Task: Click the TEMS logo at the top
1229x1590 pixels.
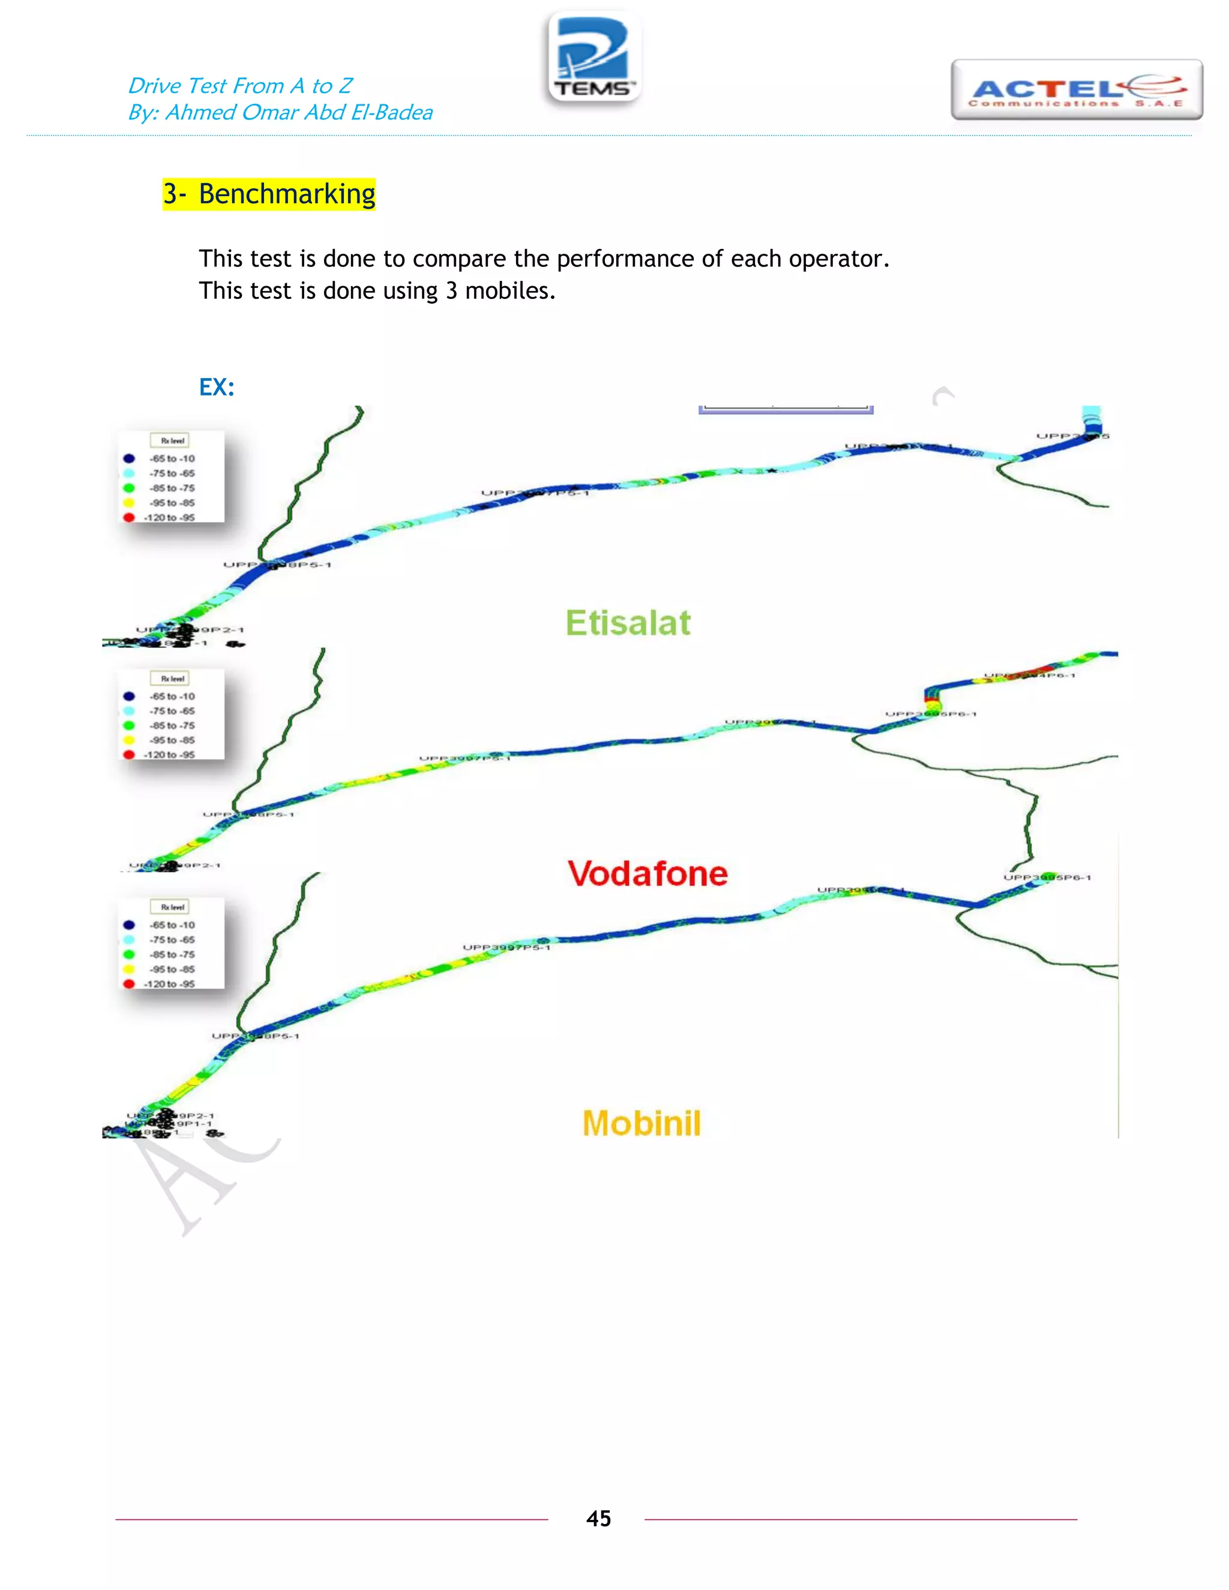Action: point(594,58)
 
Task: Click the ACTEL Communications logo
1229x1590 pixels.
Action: point(1076,90)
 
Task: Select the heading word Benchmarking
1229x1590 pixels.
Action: point(287,194)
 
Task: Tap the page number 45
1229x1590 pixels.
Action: point(598,1518)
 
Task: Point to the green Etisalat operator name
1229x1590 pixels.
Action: point(628,623)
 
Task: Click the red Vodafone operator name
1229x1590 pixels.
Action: point(648,874)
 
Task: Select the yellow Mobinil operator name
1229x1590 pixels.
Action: point(642,1123)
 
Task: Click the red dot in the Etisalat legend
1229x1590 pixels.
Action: point(129,518)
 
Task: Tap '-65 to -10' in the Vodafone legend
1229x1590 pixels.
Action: point(173,696)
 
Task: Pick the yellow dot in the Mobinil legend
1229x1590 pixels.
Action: point(129,969)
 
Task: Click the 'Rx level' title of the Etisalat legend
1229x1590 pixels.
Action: point(173,440)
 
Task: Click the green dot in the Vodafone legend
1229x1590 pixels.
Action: point(129,725)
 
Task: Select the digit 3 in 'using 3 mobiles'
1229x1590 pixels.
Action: point(451,291)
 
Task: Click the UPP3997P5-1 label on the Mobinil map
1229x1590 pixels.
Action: point(506,947)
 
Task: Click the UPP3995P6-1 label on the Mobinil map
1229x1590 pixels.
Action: point(1047,877)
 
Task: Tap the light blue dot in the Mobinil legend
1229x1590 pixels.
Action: point(129,940)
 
